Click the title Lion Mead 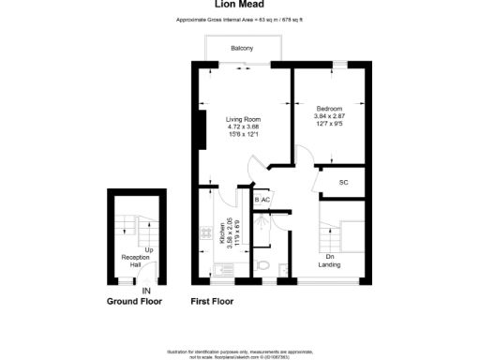(x=239, y=4)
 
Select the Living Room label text (x=242, y=119)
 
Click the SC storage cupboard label (x=343, y=182)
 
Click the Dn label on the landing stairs (x=330, y=256)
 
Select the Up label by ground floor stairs (x=136, y=249)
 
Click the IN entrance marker (x=145, y=292)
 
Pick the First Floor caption (x=211, y=302)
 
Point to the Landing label (x=329, y=265)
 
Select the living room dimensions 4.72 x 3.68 (x=242, y=127)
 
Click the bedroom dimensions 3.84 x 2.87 (x=330, y=115)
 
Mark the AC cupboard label (x=265, y=200)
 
